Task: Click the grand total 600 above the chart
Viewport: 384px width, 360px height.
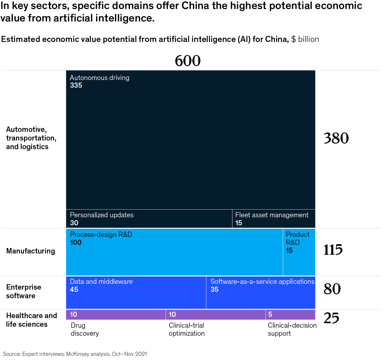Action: [x=188, y=61]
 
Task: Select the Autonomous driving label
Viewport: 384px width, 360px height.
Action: [x=100, y=78]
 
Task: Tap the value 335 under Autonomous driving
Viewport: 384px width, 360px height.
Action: [x=76, y=85]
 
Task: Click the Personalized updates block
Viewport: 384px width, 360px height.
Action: [x=149, y=219]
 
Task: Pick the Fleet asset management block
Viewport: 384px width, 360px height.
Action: [x=274, y=219]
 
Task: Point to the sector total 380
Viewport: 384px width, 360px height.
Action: [x=336, y=138]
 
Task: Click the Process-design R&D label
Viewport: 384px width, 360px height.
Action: [x=101, y=235]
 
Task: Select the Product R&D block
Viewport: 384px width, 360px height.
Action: [x=299, y=252]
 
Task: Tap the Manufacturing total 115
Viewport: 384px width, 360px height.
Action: [x=333, y=250]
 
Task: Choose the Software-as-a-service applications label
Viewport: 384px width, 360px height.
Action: [x=262, y=282]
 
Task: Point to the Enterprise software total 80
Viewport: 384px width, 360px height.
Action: [x=332, y=289]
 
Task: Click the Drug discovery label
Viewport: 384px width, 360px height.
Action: [x=85, y=329]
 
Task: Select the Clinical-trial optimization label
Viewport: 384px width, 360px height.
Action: [x=187, y=329]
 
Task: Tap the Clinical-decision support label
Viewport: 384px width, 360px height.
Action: [x=292, y=329]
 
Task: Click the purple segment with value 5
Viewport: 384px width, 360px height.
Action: [x=290, y=315]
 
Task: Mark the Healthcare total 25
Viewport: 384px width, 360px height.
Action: [x=332, y=318]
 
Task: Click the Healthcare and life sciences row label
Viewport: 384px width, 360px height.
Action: [x=31, y=320]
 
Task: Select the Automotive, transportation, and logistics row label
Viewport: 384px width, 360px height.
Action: [x=31, y=138]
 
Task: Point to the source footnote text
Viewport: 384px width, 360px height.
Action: [x=75, y=354]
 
